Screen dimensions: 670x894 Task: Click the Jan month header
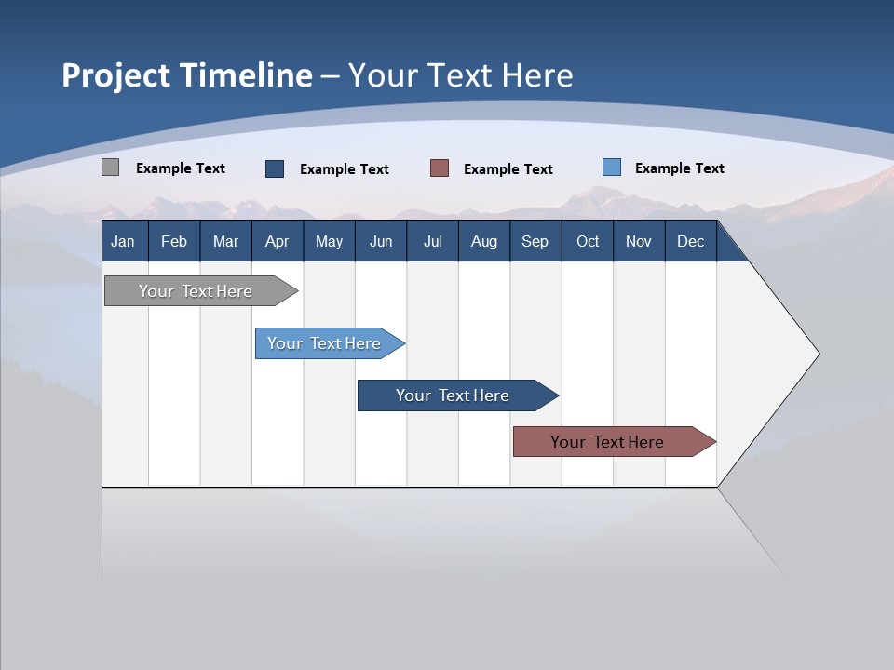point(123,241)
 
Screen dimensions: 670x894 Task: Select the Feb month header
point(174,241)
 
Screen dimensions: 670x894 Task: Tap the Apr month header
point(277,241)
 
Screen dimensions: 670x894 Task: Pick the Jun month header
point(381,241)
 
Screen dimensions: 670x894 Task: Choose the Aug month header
point(484,241)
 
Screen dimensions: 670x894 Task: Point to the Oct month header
point(588,241)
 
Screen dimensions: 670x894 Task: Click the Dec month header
point(691,241)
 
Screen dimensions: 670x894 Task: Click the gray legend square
point(111,167)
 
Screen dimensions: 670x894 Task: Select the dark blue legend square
point(275,168)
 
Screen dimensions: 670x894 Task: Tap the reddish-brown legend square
point(440,168)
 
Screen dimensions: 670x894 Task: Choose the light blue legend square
point(612,167)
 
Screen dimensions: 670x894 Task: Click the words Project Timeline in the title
point(187,75)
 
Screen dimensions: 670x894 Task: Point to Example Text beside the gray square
point(181,168)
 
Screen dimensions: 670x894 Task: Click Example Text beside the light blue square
point(680,168)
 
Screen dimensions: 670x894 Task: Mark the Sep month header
point(535,241)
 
